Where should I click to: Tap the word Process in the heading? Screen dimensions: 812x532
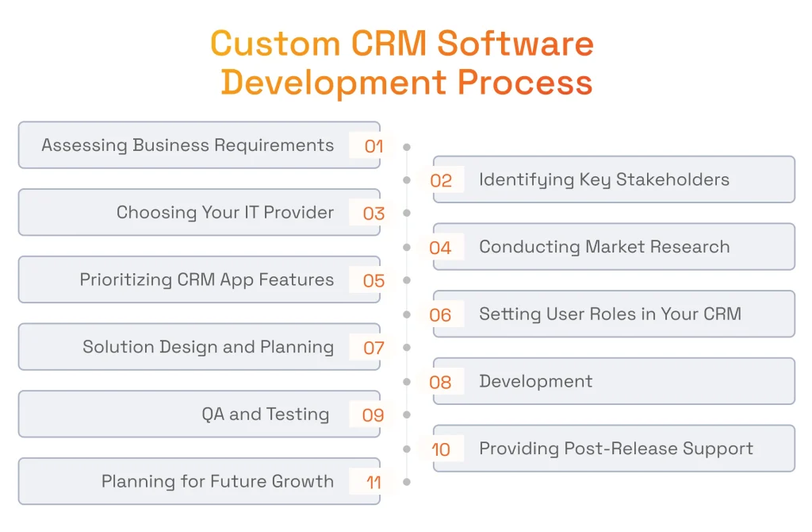[x=525, y=83]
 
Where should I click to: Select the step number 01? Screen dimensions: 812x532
[x=374, y=146]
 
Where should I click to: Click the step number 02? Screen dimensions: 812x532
[x=441, y=180]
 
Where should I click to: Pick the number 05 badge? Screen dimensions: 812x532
[x=374, y=280]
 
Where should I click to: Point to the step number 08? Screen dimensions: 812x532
[x=440, y=382]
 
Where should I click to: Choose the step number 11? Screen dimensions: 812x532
[x=374, y=482]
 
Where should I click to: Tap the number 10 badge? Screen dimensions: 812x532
[x=441, y=449]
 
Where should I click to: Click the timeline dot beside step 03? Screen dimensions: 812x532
[x=407, y=213]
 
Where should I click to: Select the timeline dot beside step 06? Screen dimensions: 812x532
[x=407, y=314]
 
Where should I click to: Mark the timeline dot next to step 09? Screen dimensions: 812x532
[x=407, y=414]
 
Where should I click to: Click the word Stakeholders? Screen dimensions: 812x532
[x=672, y=179]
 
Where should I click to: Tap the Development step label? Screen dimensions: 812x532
[x=535, y=382]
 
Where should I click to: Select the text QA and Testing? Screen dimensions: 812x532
[x=265, y=414]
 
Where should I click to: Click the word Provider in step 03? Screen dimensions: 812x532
[x=299, y=212]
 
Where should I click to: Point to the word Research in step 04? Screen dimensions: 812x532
[x=690, y=247]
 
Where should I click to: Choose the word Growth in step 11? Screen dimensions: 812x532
[x=302, y=481]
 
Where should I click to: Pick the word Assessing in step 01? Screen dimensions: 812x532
[x=84, y=145]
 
